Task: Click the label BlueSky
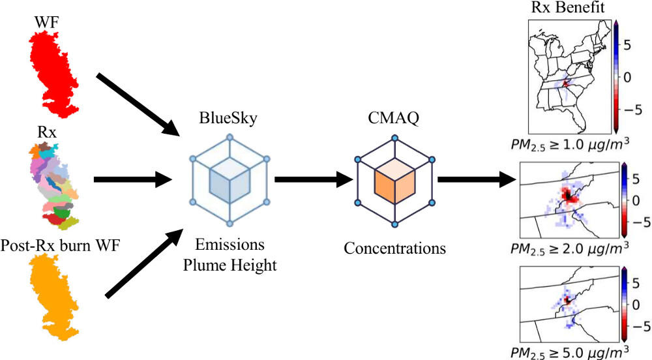point(229,120)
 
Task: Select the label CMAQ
point(393,120)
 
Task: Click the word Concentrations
point(394,248)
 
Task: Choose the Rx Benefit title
point(570,8)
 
